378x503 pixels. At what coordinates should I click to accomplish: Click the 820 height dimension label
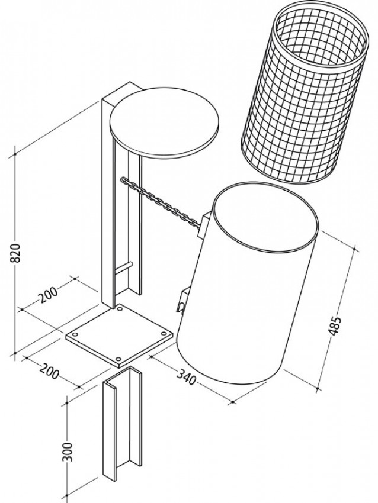click(x=16, y=253)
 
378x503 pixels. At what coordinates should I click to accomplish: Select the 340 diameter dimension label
click(x=186, y=376)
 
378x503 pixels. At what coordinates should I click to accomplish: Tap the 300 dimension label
click(x=68, y=452)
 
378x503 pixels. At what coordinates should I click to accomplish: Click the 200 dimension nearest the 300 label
click(x=49, y=371)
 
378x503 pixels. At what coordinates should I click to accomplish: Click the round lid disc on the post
click(x=164, y=124)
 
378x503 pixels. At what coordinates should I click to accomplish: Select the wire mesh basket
click(x=305, y=93)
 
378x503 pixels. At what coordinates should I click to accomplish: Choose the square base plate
click(x=120, y=335)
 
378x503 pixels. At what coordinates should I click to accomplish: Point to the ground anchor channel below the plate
click(x=123, y=423)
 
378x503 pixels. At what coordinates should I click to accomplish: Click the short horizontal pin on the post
click(x=123, y=269)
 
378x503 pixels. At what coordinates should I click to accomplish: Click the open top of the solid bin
click(x=265, y=217)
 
